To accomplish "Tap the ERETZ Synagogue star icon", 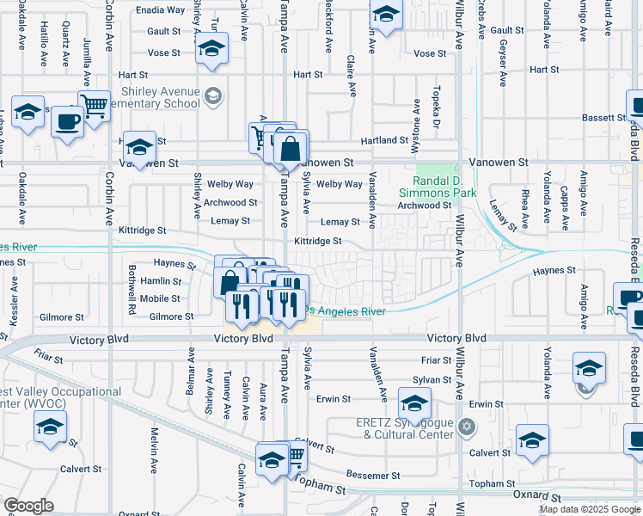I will (x=467, y=427).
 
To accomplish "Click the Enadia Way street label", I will (x=160, y=10).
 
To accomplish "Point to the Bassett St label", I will (x=605, y=118).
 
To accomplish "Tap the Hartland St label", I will (x=383, y=139).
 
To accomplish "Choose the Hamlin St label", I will (x=162, y=281).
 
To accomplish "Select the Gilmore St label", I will (x=172, y=316).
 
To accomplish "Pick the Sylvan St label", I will (x=432, y=379).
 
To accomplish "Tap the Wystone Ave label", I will (x=417, y=114).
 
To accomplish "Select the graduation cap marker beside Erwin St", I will (x=414, y=403).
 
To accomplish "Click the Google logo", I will (x=28, y=506).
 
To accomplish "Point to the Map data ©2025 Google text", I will (x=589, y=509).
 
